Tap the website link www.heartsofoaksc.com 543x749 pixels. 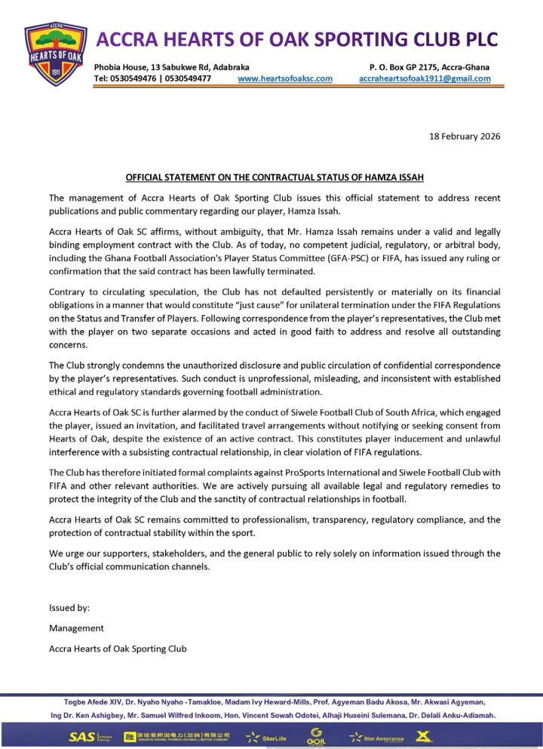coord(284,79)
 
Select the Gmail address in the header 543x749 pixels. coord(425,79)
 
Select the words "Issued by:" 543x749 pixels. coord(69,607)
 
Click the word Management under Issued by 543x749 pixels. coord(76,627)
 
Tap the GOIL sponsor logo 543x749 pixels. coord(314,737)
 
